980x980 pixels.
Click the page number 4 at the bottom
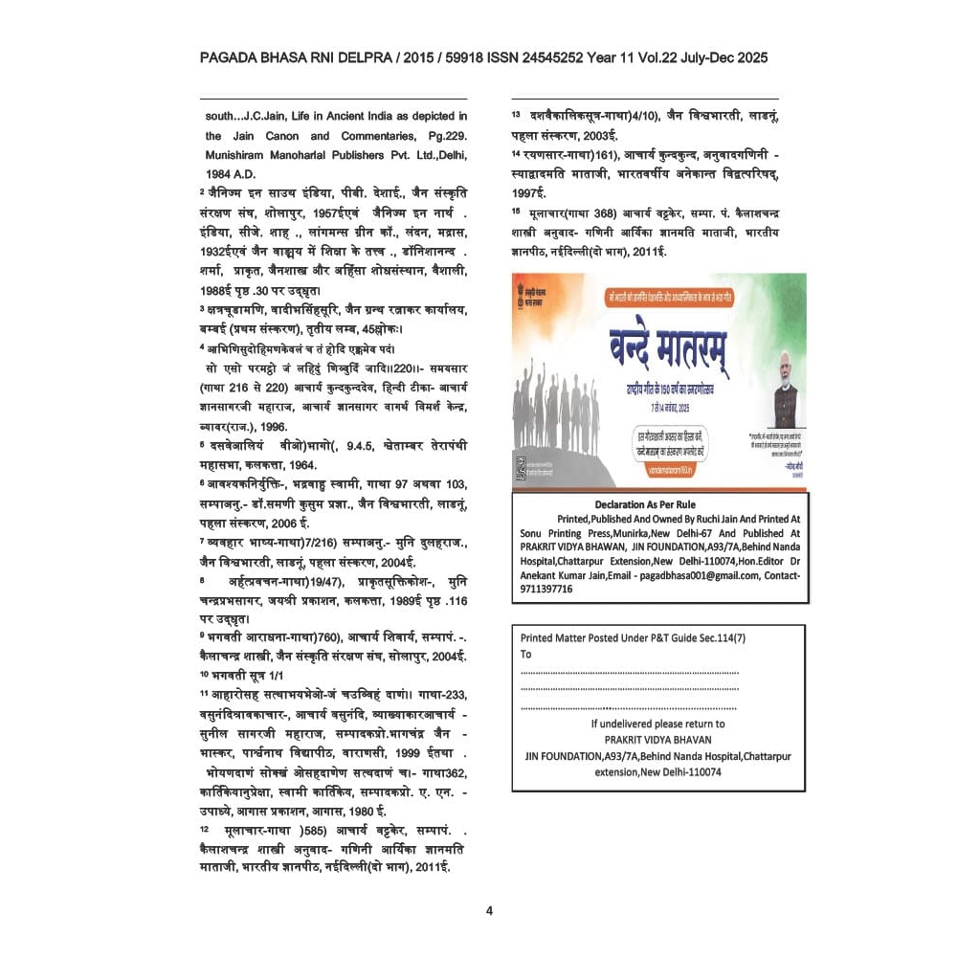pyautogui.click(x=489, y=910)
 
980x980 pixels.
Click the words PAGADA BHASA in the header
pyautogui.click(x=250, y=58)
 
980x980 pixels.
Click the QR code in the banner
pyautogui.click(x=522, y=469)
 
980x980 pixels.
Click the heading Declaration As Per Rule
pyautogui.click(x=645, y=504)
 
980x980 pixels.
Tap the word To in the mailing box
pyautogui.click(x=525, y=655)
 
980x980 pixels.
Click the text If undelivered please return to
pyautogui.click(x=657, y=724)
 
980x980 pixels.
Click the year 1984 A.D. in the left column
pyautogui.click(x=231, y=173)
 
